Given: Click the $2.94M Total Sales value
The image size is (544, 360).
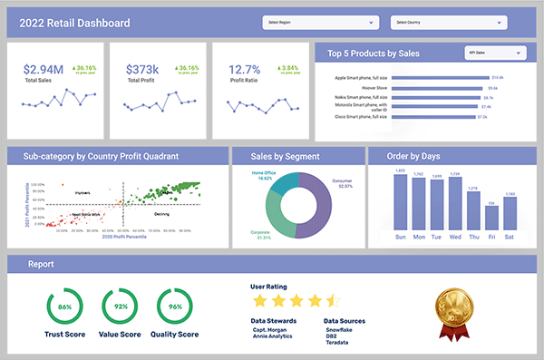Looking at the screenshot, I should (x=43, y=69).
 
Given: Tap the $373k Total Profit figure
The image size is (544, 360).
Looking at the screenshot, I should (x=143, y=69).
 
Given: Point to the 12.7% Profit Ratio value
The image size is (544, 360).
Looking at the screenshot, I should (x=244, y=69).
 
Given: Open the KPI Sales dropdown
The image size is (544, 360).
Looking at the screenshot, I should (x=493, y=54).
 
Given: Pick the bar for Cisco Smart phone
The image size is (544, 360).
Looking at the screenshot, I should (x=398, y=117).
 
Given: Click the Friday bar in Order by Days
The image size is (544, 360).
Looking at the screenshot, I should (x=491, y=219).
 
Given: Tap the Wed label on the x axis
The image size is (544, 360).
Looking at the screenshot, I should (x=454, y=238).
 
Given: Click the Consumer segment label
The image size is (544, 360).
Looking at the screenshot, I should (x=343, y=183).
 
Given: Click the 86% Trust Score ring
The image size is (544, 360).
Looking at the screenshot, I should (x=64, y=307).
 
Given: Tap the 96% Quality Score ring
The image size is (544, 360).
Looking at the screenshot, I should (x=176, y=307).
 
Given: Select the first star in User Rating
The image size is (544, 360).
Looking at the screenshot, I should (x=260, y=300).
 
